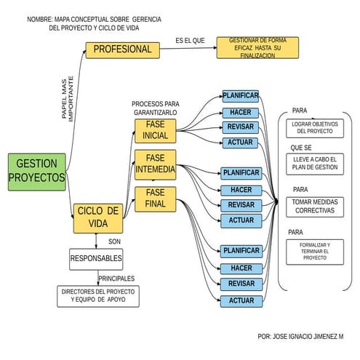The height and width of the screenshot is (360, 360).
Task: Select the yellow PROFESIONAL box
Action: point(122,49)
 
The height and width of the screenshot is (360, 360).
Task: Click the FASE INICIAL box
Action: point(155,130)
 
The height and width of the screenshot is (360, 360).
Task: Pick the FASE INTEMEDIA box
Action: point(155,164)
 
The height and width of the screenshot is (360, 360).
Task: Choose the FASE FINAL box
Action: point(155,198)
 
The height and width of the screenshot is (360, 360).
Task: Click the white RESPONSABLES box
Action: point(96,258)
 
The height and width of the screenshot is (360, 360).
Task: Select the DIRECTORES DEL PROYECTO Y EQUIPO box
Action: point(97,295)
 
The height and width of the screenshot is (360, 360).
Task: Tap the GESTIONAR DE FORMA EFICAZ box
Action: point(257,47)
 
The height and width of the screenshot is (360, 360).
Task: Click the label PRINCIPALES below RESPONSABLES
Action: point(116,279)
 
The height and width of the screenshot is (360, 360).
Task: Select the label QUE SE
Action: point(301,148)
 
